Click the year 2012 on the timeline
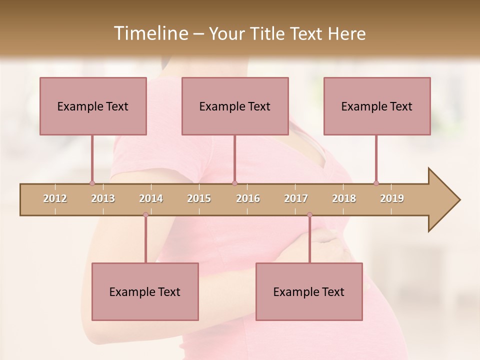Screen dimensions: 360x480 [x=55, y=198]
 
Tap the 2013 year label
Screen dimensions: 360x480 [x=103, y=198]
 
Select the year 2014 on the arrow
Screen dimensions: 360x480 [x=151, y=198]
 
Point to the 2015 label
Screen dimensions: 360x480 [x=199, y=198]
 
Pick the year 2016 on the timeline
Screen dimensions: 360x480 [x=248, y=198]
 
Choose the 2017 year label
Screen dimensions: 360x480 [x=296, y=198]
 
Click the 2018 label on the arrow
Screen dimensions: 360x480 [x=344, y=198]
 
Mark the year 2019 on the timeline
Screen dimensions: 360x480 [x=392, y=198]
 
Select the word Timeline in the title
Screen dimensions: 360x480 [x=150, y=33]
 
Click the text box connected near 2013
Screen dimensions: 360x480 [x=93, y=106]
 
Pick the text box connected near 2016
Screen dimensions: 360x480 [x=235, y=106]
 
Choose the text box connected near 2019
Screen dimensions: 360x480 [x=377, y=106]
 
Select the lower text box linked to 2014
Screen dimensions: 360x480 [x=145, y=291]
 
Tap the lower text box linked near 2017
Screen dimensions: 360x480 [x=309, y=291]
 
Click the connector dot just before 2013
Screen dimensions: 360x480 [x=92, y=183]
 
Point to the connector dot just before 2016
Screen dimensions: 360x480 [x=235, y=183]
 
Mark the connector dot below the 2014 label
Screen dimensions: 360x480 [x=145, y=214]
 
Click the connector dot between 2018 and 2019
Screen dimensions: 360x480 [x=376, y=183]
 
